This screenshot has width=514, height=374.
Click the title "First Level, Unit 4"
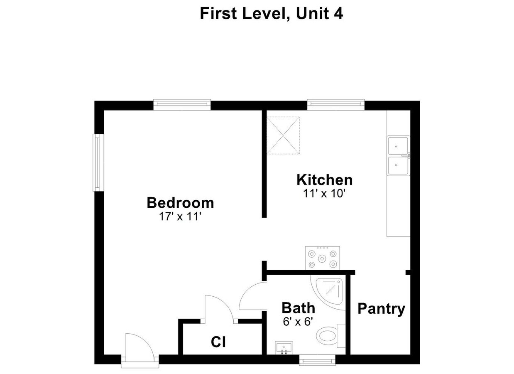tap(271, 13)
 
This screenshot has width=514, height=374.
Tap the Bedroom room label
tap(180, 203)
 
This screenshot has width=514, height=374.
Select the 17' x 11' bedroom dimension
tap(180, 217)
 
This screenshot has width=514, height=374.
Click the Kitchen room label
tap(324, 180)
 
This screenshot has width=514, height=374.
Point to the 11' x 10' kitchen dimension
tap(324, 193)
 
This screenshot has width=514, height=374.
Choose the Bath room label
tap(298, 308)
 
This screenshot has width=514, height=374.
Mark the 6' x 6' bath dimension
tap(297, 321)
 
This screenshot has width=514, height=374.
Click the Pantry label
tap(381, 309)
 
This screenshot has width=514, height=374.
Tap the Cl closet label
tap(218, 342)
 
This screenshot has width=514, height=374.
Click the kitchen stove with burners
tap(322, 258)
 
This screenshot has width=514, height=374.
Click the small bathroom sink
tap(284, 347)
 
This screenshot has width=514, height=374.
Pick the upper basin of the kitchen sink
tap(398, 146)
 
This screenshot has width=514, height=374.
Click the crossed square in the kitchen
tap(283, 135)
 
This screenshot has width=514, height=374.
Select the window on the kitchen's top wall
tap(335, 105)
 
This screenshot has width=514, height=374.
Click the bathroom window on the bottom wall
tap(317, 359)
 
